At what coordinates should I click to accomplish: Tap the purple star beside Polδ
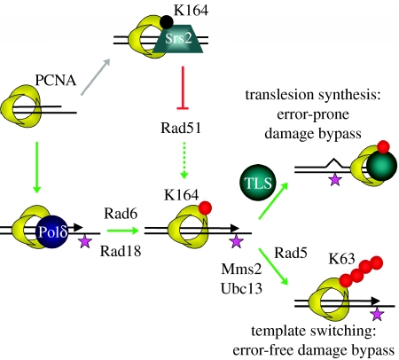[87, 240]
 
